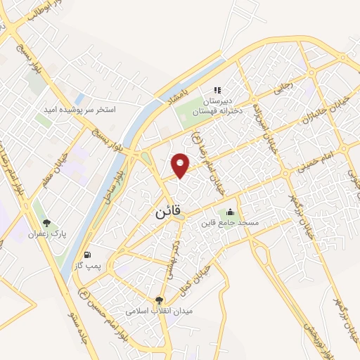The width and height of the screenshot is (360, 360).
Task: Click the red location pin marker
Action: (x=181, y=165)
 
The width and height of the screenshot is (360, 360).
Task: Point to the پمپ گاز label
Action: (x=86, y=265)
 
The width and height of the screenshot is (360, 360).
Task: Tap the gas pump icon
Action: (x=86, y=254)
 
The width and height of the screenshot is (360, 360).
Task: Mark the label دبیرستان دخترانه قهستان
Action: (x=217, y=105)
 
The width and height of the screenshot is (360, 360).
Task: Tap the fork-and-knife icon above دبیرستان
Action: (x=217, y=90)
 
